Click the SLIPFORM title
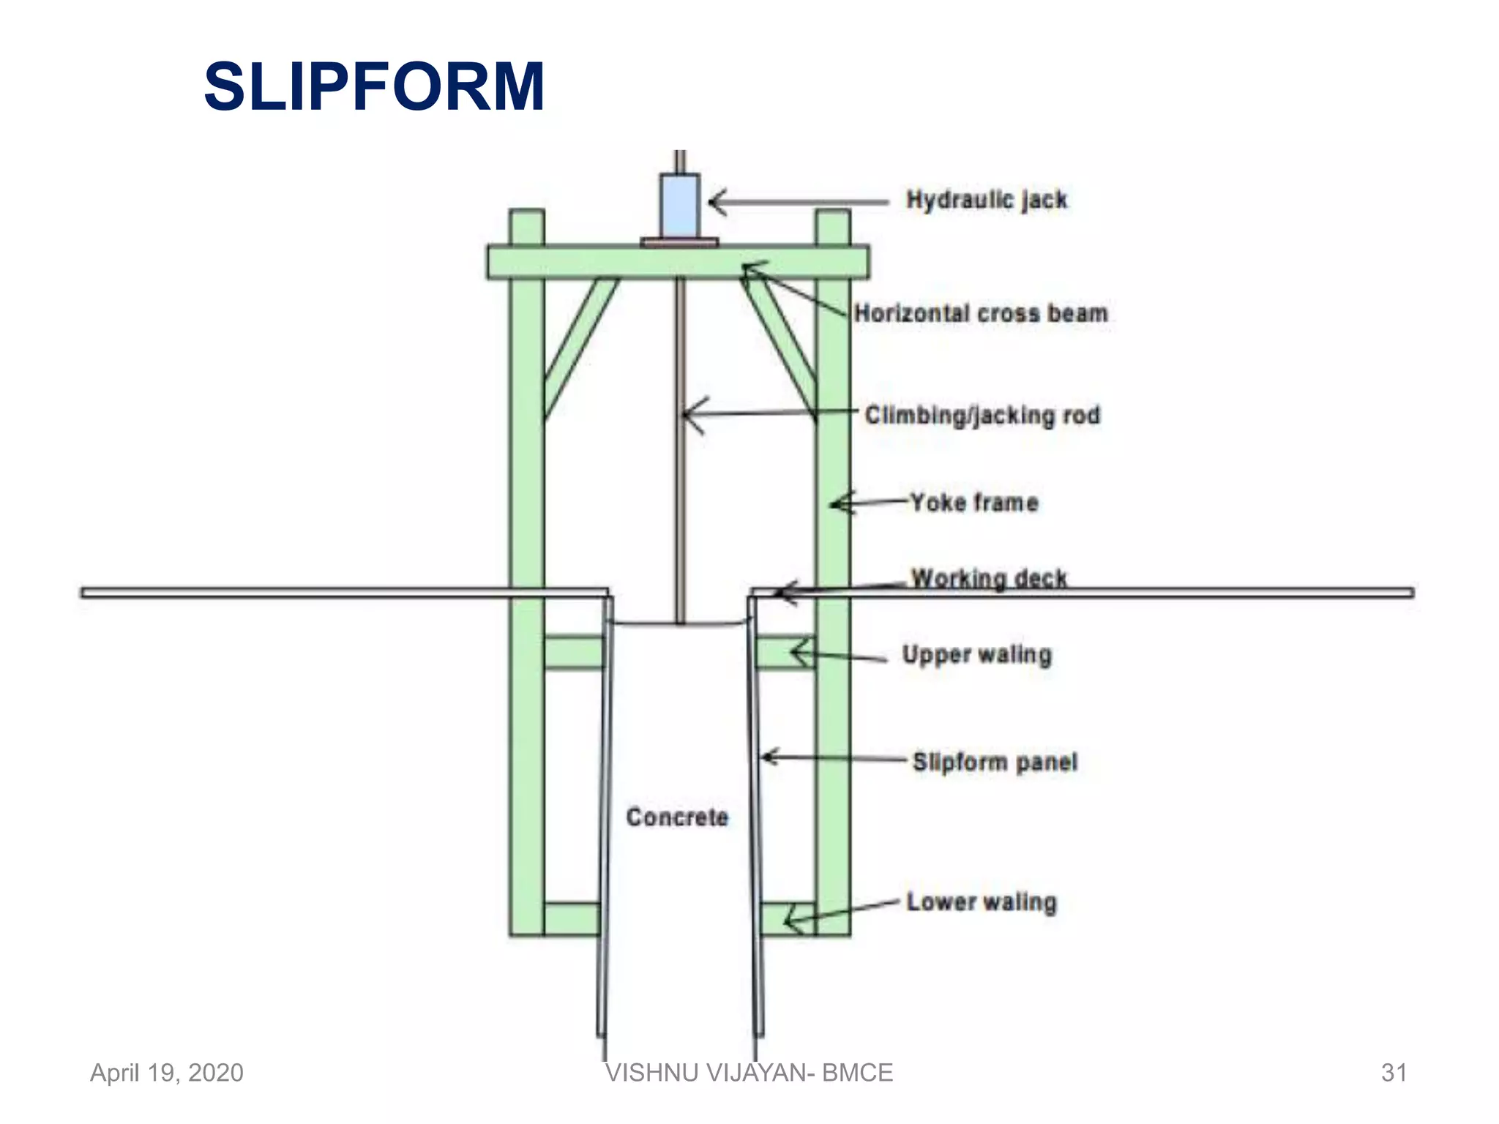tap(374, 87)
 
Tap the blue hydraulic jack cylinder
tap(680, 205)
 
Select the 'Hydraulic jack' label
tap(986, 200)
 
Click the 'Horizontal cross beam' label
tap(981, 313)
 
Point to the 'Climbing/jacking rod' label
tap(982, 415)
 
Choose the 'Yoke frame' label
tap(974, 503)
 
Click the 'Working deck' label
tap(989, 578)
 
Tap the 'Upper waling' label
tap(976, 654)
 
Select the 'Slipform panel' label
tap(995, 762)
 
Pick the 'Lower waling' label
tap(982, 902)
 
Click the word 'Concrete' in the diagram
tap(677, 817)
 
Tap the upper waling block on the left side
tap(574, 652)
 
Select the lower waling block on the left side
tap(572, 918)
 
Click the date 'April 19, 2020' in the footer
tap(167, 1073)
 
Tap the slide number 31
tap(1394, 1073)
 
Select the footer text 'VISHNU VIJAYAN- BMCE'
tap(749, 1073)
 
